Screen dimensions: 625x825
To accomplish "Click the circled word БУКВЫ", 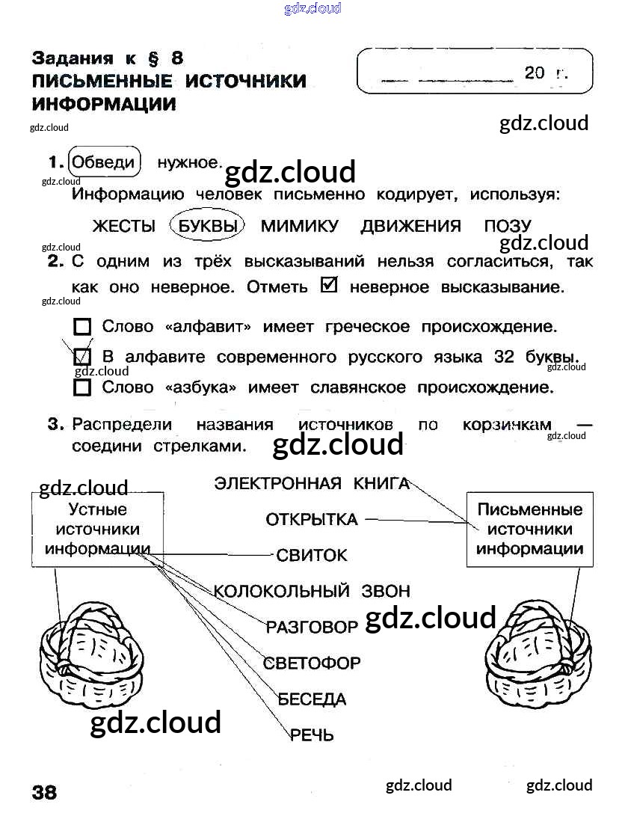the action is pos(208,226).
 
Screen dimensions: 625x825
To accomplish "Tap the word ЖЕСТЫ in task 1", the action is pos(123,226).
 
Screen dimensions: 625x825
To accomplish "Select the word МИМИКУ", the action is pos(300,226).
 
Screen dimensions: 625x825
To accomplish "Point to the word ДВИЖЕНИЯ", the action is pos(410,226).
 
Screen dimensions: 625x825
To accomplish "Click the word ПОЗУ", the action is pos(508,226).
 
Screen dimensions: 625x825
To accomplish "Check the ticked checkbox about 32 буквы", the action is pos(83,357).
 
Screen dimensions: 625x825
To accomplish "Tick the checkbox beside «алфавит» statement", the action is pos(83,327).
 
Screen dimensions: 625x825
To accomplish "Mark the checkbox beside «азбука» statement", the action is pos(83,387).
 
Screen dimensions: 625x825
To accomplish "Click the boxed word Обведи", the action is pos(105,162).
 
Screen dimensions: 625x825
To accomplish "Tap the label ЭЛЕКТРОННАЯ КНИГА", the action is pos(312,483).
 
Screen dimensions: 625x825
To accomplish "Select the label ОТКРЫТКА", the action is pos(312,519).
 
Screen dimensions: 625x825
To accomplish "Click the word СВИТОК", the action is pos(312,555).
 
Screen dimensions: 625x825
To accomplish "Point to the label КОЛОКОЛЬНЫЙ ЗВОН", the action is pos(312,591).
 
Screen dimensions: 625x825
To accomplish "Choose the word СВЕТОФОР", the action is pos(312,663).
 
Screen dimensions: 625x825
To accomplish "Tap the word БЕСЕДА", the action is pos(312,699).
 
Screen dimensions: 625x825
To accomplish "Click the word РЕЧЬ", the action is pos(312,735).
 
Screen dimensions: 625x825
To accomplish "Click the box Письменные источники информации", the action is pos(529,529).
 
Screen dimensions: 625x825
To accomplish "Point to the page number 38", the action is pos(44,792).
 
